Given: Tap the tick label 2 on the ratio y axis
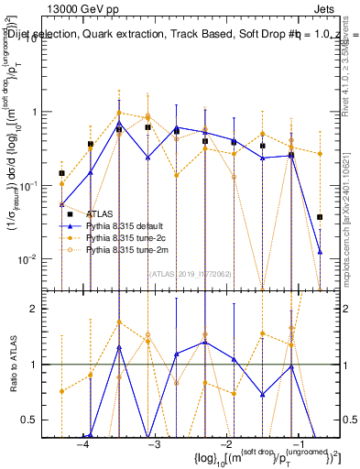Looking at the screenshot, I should click(42, 309).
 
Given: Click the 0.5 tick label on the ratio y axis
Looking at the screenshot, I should click(38, 420).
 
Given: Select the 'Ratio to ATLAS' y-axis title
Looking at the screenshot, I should click(13, 364).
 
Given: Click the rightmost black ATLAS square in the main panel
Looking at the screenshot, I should click(320, 217).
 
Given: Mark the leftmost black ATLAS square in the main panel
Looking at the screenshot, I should click(61, 173).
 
